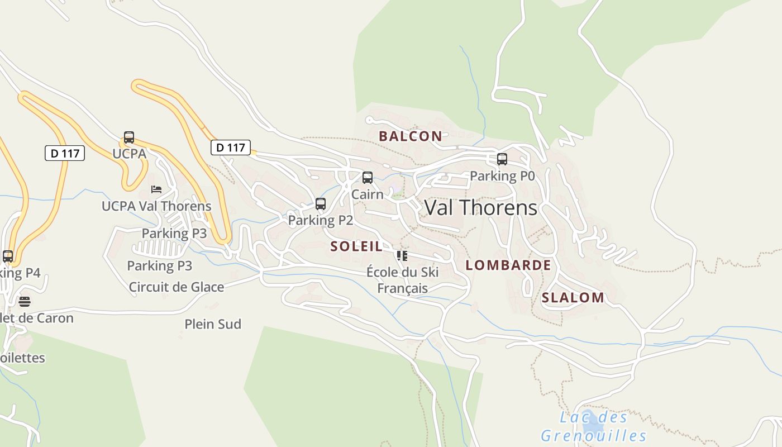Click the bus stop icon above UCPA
[x=129, y=137]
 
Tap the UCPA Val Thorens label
[x=156, y=206]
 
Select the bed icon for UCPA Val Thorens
[x=156, y=189]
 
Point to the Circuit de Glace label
[x=177, y=287]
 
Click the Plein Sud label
[x=213, y=324]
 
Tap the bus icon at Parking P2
[x=321, y=204]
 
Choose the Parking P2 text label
[x=321, y=221]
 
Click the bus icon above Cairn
[x=368, y=178]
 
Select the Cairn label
[x=368, y=194]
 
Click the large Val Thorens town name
[x=481, y=208]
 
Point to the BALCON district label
[x=411, y=136]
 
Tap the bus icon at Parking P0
[x=502, y=159]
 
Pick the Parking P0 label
[x=502, y=176]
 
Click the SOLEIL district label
[x=356, y=246]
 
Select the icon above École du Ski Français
[x=402, y=256]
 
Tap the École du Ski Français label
[x=403, y=280]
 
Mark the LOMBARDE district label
[x=508, y=265]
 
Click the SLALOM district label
[x=573, y=298]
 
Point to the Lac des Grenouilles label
[x=594, y=426]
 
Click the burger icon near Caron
[x=25, y=302]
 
